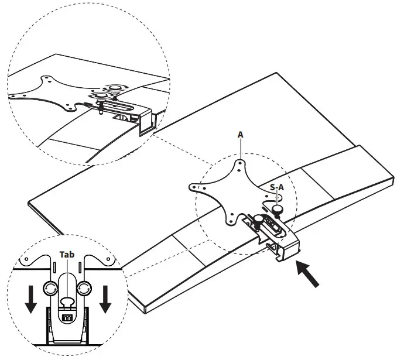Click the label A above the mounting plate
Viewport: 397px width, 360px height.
(240, 134)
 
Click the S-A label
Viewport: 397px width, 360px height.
(278, 187)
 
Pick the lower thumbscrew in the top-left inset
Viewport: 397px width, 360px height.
(100, 97)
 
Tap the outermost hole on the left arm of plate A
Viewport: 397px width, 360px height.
(193, 188)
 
